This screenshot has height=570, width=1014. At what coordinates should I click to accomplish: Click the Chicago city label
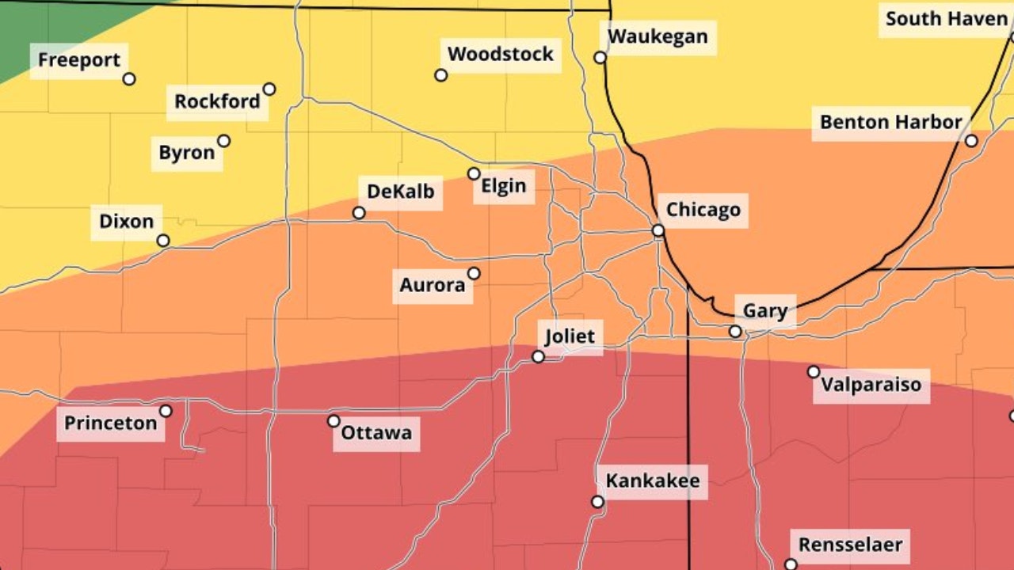click(x=703, y=210)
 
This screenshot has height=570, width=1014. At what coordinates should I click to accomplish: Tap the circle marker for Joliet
click(x=538, y=357)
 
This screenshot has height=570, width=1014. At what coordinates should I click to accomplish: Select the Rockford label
click(x=217, y=102)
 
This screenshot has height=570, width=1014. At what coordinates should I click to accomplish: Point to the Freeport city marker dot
click(x=129, y=79)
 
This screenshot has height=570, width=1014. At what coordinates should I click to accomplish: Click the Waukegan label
click(x=658, y=37)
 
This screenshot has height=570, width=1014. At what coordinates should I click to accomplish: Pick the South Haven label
click(x=946, y=19)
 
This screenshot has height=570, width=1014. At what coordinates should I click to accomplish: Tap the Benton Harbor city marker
click(x=971, y=141)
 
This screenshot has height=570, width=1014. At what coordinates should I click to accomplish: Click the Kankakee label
click(x=653, y=481)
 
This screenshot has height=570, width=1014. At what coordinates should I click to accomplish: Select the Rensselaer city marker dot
click(x=790, y=564)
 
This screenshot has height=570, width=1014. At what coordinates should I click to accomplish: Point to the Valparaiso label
click(x=871, y=386)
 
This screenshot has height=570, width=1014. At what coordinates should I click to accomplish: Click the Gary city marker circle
click(x=735, y=332)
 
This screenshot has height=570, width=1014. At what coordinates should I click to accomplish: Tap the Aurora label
click(x=433, y=286)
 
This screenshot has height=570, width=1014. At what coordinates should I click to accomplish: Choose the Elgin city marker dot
click(x=474, y=173)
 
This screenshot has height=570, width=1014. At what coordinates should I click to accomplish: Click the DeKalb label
click(x=400, y=192)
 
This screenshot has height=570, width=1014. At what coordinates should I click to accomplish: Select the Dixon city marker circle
click(x=163, y=241)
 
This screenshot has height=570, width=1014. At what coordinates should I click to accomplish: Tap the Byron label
click(x=187, y=154)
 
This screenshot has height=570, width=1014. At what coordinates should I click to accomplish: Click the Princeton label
click(x=111, y=424)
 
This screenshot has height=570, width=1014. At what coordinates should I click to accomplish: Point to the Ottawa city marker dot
click(x=334, y=421)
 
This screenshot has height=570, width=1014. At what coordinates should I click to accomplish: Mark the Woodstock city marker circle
click(x=441, y=75)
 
